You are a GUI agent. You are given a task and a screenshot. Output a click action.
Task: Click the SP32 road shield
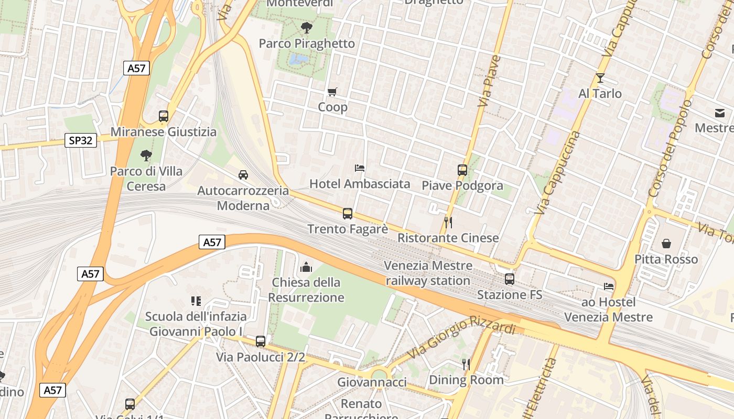coord(81,140)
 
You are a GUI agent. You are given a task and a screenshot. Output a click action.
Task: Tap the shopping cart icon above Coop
coord(332,92)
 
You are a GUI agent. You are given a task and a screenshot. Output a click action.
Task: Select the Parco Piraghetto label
coord(307,43)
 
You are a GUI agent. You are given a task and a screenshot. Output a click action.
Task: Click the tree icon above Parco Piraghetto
coord(307,28)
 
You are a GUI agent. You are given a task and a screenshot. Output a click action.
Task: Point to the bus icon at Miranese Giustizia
coord(164,116)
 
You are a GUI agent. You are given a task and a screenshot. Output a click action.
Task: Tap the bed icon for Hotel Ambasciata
coord(360,168)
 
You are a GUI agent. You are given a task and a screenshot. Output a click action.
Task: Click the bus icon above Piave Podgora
coord(462,170)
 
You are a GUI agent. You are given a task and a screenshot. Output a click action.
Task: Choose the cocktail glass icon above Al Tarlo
coord(600,79)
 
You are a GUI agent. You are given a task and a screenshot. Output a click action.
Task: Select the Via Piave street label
coord(489,81)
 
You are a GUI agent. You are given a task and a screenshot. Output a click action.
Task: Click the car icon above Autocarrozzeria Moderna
coord(243,175)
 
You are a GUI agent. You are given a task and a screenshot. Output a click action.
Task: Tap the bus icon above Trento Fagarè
coord(348,214)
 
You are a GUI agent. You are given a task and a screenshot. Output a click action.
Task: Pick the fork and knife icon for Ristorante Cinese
coord(448,223)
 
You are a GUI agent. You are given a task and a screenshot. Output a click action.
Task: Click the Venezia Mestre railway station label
coord(428,273)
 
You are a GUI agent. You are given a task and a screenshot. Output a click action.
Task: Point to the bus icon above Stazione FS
coord(510,279)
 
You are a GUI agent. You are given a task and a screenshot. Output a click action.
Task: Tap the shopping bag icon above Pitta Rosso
coord(666,244)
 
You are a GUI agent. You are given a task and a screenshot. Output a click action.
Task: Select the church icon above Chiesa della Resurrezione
coord(306,268)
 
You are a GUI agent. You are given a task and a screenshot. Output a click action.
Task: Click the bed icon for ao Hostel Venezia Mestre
coord(609,286)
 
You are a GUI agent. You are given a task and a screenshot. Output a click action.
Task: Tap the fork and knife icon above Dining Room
coord(466,364)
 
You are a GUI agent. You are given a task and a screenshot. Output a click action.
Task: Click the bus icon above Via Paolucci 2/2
coord(261,341)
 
